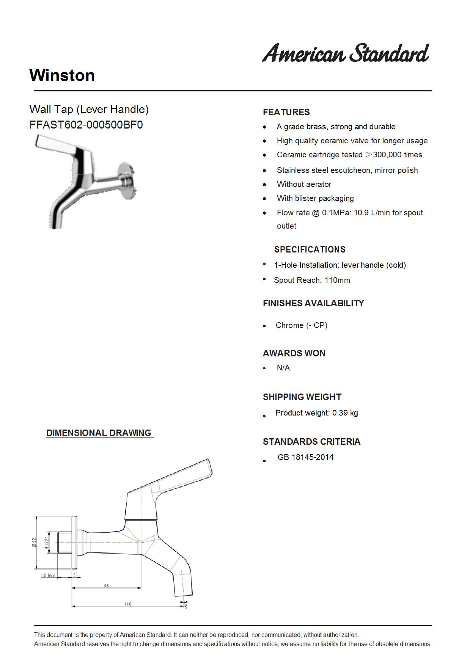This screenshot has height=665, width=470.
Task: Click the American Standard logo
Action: pos(345,53)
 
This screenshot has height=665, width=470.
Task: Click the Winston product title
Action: pos(62,75)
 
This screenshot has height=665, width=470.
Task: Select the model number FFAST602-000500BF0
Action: pos(86,125)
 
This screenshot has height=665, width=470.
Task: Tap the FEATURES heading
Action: pos(286,112)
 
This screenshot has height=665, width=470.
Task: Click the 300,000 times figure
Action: pos(398,155)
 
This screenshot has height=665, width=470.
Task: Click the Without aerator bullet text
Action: pos(304,184)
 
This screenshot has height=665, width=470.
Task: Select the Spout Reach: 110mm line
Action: pos(312,280)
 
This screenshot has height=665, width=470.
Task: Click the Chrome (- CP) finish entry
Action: pos(301,325)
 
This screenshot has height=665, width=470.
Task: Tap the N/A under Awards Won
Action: pos(283,368)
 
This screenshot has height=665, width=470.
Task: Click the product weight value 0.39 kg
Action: pos(345,413)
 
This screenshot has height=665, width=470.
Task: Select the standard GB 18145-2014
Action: pos(305,457)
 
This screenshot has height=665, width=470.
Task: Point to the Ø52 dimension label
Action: pos(34,543)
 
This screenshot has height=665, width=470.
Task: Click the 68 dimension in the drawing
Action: pos(106,586)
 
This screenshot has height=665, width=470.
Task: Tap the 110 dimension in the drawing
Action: pos(128,604)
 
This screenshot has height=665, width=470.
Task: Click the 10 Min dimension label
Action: pos(48,576)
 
